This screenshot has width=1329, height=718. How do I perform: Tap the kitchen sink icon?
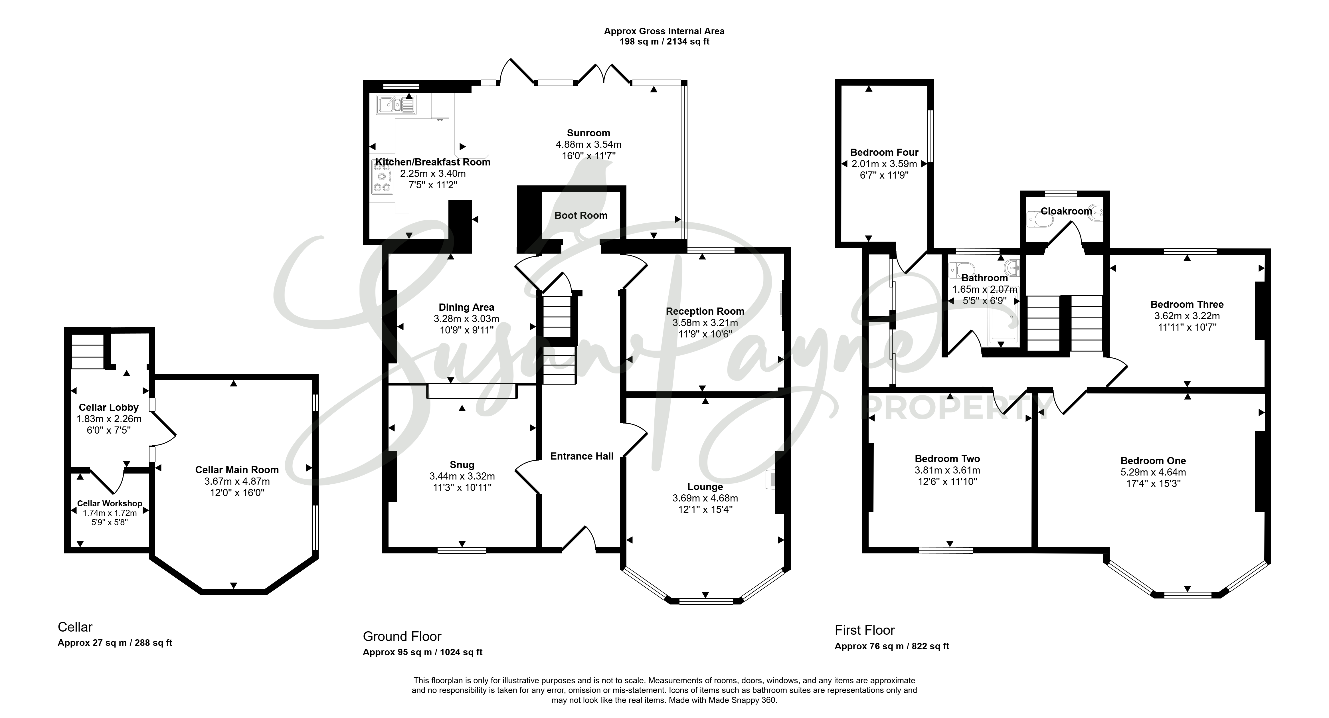[396, 105]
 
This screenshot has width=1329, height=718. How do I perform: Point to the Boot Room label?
[581, 216]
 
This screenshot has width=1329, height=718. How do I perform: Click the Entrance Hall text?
[582, 456]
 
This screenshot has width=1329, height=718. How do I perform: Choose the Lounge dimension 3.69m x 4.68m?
[705, 498]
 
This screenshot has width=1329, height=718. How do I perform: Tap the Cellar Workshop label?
[109, 503]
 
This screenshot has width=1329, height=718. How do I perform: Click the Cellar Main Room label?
[237, 470]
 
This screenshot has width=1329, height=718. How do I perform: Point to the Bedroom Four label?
[884, 152]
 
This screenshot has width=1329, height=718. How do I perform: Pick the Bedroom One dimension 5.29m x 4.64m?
[1153, 472]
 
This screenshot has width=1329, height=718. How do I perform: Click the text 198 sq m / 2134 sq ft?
[665, 42]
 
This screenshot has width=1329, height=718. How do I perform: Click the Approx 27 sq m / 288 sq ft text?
[115, 643]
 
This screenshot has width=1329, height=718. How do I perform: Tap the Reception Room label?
[705, 311]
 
